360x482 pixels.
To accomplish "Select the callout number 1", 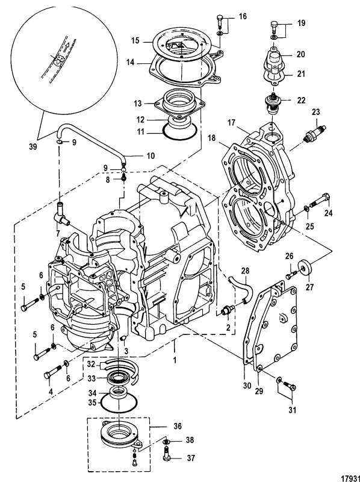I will [x=175, y=349].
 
